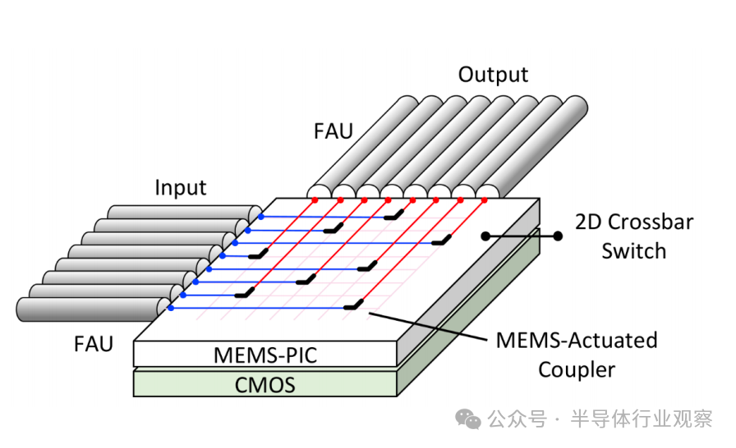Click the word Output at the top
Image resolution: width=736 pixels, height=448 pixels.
(493, 75)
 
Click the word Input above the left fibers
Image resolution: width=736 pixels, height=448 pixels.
(181, 188)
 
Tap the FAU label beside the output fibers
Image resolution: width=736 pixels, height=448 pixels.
(333, 130)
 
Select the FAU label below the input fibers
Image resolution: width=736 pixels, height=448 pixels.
(92, 343)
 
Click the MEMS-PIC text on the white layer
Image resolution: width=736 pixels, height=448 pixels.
(264, 355)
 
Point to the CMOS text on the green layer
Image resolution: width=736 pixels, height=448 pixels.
(264, 384)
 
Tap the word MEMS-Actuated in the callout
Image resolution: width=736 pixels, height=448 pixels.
(576, 340)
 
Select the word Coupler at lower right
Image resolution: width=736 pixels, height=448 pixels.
(576, 369)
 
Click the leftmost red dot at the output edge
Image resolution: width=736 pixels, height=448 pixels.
(314, 199)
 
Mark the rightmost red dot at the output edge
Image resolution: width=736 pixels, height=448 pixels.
(484, 199)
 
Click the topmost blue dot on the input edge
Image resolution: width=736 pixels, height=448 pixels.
(261, 217)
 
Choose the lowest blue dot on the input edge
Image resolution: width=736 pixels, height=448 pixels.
(170, 308)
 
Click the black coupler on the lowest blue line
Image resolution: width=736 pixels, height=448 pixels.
(353, 305)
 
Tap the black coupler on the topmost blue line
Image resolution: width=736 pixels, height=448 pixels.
(397, 214)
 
